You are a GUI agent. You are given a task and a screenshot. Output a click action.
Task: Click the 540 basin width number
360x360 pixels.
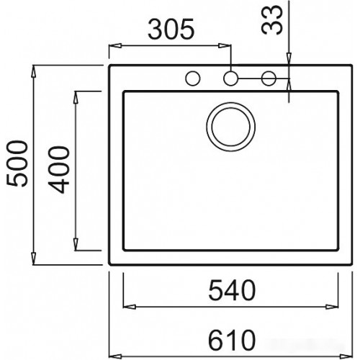pos(232,290)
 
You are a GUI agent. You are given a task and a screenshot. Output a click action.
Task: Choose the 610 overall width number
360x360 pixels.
pos(232,338)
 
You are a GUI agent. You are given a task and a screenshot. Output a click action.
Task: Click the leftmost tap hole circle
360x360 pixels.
pos(193,78)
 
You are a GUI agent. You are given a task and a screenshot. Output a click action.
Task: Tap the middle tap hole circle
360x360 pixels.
pos(230,78)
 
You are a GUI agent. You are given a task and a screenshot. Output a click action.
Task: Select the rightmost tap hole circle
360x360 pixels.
pos(269,78)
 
